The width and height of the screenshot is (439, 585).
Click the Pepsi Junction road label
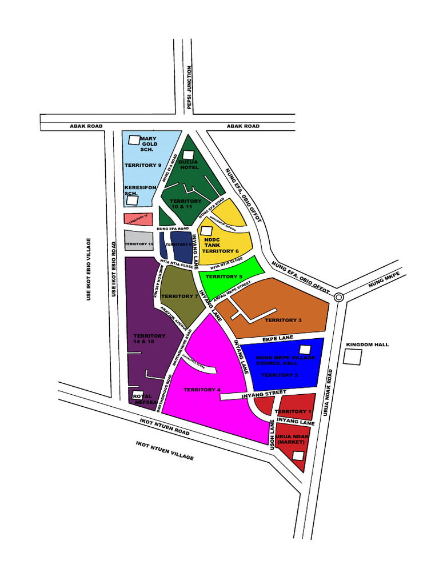(x=189, y=87)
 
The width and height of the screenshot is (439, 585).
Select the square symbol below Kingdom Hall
(x=353, y=358)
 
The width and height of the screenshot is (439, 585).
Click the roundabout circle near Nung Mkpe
(x=338, y=296)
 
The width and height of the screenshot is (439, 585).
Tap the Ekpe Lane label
(x=278, y=338)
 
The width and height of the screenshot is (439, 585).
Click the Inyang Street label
(x=264, y=393)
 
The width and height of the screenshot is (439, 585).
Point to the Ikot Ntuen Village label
(x=165, y=451)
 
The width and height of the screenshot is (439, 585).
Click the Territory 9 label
(x=143, y=165)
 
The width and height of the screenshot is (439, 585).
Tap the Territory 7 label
(x=179, y=296)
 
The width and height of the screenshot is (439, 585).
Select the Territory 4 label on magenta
(x=202, y=390)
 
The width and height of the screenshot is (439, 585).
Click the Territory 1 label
(x=293, y=411)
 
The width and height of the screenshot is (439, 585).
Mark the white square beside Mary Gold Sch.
(x=134, y=139)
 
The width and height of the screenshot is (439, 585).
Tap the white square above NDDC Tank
(x=206, y=231)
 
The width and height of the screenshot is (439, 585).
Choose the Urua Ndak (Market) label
(x=292, y=439)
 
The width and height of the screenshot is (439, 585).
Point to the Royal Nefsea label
(x=143, y=399)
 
